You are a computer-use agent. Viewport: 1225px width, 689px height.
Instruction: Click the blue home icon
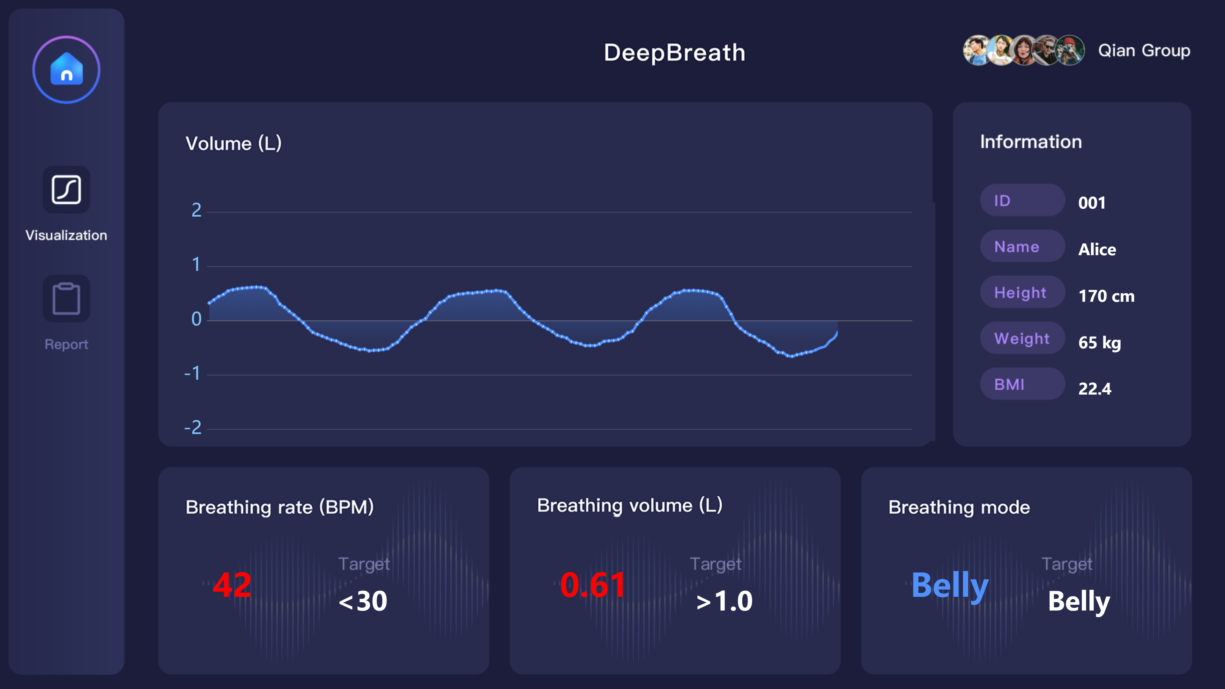click(67, 70)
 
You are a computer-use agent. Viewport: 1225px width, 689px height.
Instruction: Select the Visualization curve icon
click(66, 190)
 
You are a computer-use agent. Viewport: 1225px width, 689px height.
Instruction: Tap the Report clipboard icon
click(66, 299)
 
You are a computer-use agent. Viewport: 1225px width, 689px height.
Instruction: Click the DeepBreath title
click(674, 52)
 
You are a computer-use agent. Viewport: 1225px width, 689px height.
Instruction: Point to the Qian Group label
click(1144, 50)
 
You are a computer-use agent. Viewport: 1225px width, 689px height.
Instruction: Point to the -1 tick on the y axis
click(193, 373)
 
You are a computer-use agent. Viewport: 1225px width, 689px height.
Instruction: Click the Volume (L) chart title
click(234, 143)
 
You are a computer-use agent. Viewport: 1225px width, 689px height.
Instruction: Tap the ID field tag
click(1022, 200)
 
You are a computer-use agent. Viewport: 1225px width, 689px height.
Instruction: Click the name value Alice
click(1097, 249)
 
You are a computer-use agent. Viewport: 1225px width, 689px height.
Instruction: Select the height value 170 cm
click(1106, 296)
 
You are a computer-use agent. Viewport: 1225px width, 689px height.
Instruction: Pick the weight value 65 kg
click(1099, 342)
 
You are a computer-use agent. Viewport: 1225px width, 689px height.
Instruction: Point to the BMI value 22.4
click(1095, 389)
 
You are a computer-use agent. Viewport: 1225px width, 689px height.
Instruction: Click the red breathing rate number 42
click(232, 585)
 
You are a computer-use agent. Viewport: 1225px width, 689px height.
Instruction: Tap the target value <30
click(363, 601)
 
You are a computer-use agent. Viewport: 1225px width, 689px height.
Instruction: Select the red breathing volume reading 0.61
click(592, 585)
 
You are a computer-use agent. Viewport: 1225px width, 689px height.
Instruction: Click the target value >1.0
click(724, 601)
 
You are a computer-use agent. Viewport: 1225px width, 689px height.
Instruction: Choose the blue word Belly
click(950, 586)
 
